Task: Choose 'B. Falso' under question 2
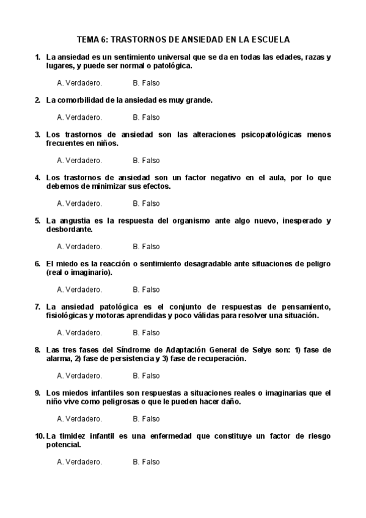coord(146,117)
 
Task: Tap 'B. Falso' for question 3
coord(146,161)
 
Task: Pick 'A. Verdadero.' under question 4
coord(79,203)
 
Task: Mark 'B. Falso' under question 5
coord(146,247)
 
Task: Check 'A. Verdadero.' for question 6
coord(79,290)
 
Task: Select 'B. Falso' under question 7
coord(146,333)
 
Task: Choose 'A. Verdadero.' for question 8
coord(79,376)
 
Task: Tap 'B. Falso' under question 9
coord(146,419)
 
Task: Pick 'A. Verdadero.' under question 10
coord(79,462)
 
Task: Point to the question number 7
coord(38,307)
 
